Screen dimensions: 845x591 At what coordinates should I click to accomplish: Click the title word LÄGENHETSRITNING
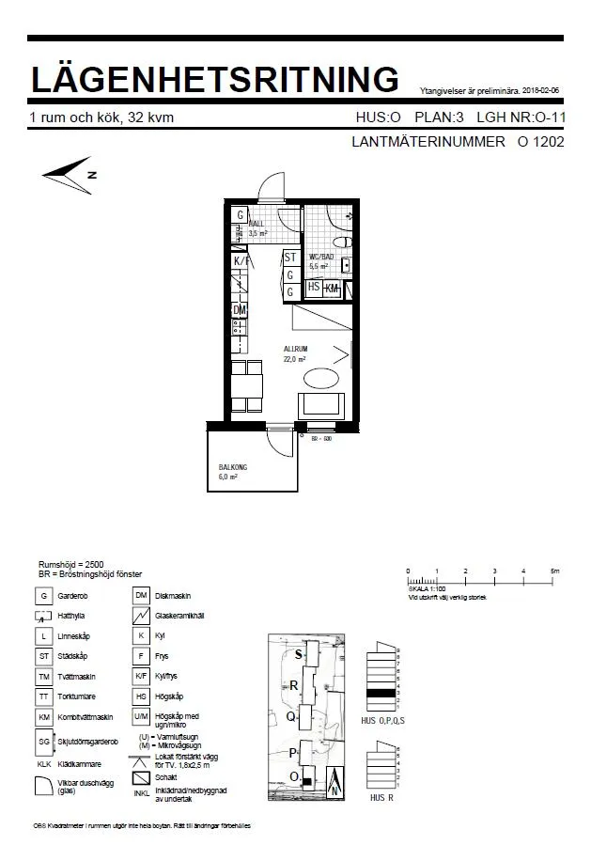[x=215, y=78]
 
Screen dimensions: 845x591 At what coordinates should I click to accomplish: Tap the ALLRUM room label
[x=297, y=349]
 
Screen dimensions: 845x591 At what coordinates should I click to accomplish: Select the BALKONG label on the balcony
[x=233, y=466]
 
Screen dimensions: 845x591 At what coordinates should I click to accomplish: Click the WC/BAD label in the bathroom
[x=321, y=258]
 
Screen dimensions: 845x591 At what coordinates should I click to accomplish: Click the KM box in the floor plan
[x=332, y=289]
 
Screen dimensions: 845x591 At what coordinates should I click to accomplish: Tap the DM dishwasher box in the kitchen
[x=241, y=310]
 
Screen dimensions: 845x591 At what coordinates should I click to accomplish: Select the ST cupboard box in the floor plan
[x=291, y=257]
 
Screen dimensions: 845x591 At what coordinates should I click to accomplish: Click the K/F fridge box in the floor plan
[x=241, y=261]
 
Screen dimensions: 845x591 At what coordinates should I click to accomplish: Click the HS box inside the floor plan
[x=314, y=288]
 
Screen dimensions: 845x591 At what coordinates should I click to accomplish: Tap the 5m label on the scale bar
[x=554, y=571]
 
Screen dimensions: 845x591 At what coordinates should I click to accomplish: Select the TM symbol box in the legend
[x=44, y=677]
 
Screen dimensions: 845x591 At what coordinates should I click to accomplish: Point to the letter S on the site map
[x=299, y=654]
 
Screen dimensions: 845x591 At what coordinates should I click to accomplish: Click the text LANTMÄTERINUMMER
[x=428, y=144]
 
